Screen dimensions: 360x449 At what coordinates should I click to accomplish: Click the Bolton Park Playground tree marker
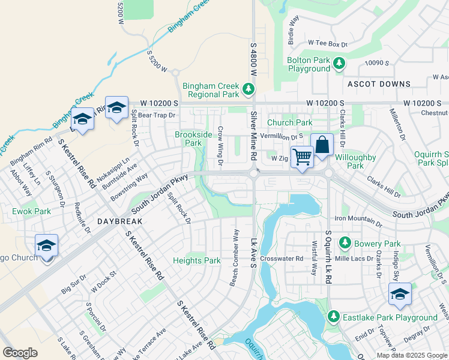[339, 62]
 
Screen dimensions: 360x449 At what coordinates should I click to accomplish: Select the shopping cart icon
[303, 156]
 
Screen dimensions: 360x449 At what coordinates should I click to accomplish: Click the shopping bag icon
[322, 145]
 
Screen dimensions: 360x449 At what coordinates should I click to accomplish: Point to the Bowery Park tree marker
[345, 243]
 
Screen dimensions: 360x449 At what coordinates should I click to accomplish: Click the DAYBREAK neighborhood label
[119, 221]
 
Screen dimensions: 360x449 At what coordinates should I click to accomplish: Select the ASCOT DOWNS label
[378, 84]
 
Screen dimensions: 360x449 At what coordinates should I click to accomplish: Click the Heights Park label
[197, 260]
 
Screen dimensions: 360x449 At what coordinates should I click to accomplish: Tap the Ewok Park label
[32, 211]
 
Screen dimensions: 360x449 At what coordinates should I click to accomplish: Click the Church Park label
[289, 122]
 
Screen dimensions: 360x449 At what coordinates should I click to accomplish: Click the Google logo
[20, 353]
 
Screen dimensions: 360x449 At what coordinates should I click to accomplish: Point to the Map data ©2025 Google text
[412, 355]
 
